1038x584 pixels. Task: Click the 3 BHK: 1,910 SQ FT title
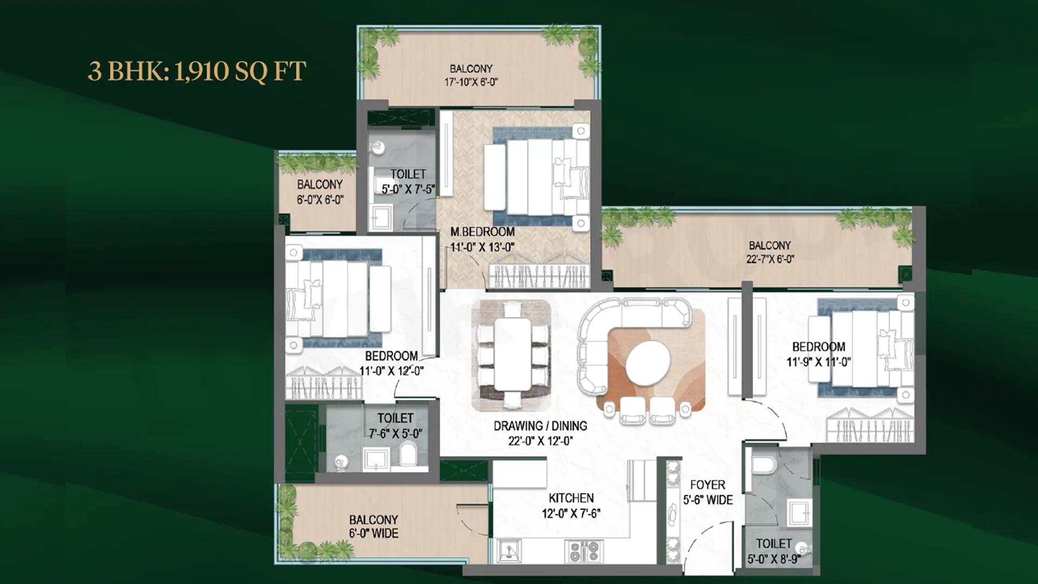197,71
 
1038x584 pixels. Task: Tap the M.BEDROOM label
482,232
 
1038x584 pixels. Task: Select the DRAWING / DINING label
540,426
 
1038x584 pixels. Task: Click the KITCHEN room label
571,498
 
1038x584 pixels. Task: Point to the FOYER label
708,485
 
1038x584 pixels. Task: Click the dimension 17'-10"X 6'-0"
471,82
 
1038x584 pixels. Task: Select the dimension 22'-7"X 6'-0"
770,259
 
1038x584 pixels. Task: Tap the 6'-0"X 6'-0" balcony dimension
320,200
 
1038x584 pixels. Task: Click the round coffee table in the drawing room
648,363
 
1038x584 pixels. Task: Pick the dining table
512,354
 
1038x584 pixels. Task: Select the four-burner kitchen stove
584,552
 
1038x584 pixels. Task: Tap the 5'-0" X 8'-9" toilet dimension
774,559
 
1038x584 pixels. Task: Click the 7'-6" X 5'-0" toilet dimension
395,434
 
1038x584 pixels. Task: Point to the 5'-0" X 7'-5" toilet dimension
408,189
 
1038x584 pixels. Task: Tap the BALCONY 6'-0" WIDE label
374,527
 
